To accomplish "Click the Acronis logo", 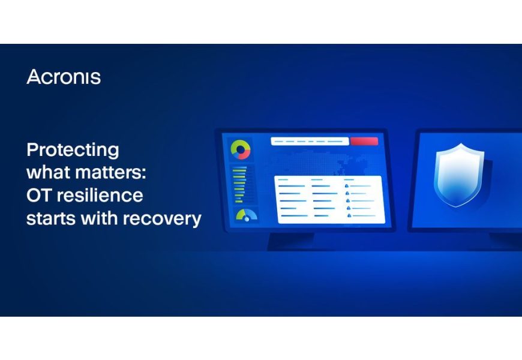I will [64, 77].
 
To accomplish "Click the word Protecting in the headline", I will [73, 150].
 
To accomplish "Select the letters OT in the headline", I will [39, 196].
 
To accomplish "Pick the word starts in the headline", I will [47, 218].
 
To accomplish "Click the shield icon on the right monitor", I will [459, 175].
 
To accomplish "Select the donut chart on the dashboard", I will [241, 149].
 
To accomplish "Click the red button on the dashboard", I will [364, 142].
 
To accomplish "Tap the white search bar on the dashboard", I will [310, 142].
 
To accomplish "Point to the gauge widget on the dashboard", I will [245, 214].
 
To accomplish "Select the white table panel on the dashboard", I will [328, 200].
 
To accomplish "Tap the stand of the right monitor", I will [504, 240].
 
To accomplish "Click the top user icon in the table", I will [347, 187].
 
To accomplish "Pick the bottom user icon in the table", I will [347, 215].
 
